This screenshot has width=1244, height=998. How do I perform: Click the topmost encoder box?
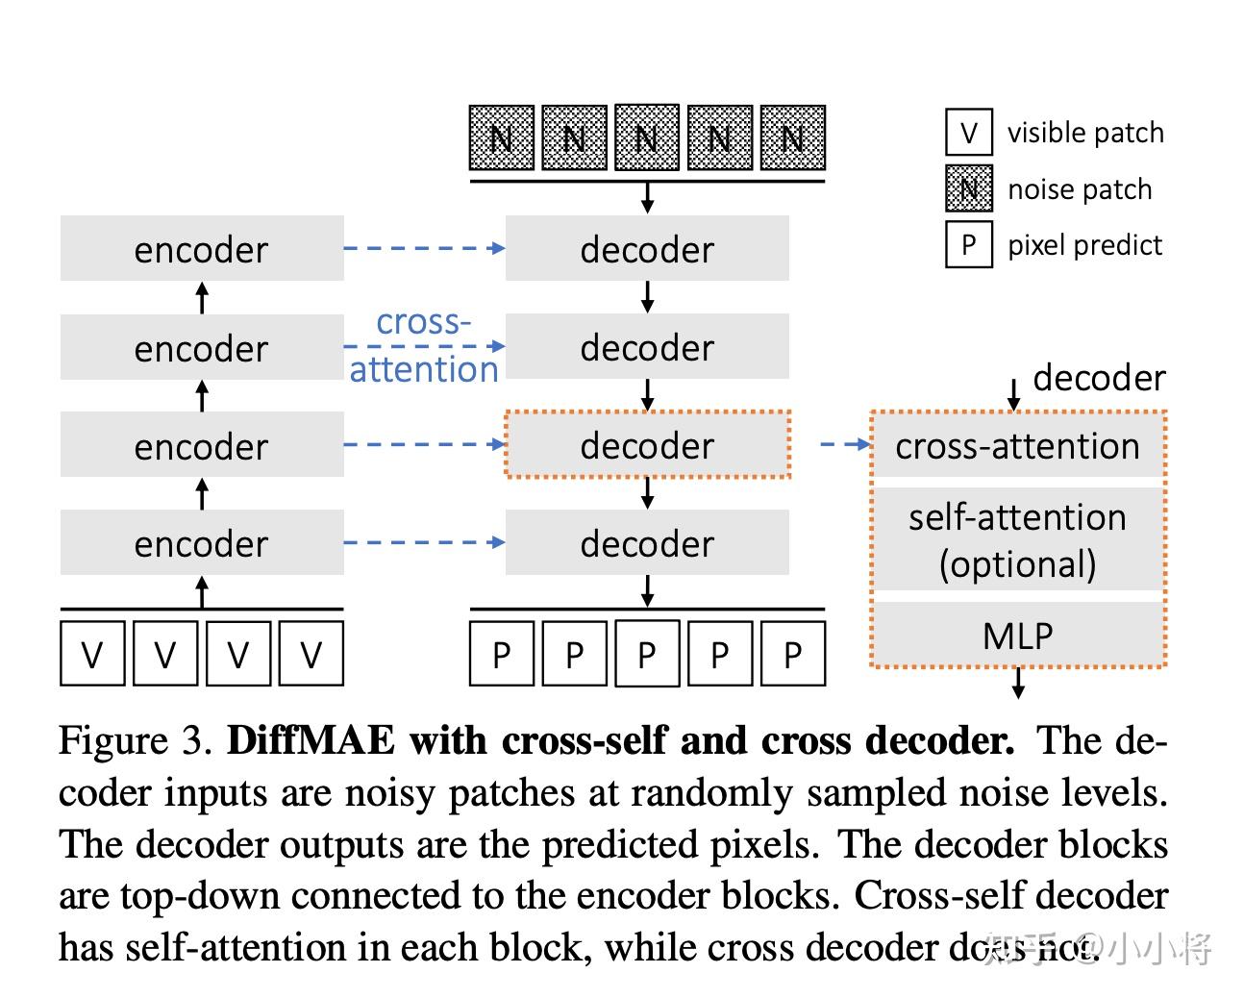201,249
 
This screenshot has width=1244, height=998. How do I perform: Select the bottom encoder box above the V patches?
201,543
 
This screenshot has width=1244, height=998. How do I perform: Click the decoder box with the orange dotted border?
647,445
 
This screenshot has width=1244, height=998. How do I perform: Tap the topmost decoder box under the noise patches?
647,249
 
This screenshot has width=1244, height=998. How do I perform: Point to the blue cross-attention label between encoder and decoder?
423,346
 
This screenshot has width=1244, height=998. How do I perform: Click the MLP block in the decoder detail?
1018,636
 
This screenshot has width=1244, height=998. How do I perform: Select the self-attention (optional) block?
1018,539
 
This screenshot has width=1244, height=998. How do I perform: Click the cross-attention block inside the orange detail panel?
1018,446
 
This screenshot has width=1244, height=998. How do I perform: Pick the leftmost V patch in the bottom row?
92,654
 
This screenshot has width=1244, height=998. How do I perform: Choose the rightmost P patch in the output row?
792,654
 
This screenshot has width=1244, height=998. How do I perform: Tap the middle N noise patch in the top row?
647,138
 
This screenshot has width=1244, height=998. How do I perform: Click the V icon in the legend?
968,133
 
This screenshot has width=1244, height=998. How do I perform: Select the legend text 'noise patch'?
1080,189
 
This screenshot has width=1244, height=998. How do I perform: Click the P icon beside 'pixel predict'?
968,245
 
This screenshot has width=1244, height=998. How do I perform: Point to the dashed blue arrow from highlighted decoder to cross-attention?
844,444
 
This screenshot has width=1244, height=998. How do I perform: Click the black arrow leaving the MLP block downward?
1018,683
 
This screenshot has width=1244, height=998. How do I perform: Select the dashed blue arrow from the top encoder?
423,248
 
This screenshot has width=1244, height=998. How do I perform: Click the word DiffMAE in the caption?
311,740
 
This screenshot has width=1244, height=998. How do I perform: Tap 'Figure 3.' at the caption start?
135,740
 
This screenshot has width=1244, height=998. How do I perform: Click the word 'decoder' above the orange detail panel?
1099,378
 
